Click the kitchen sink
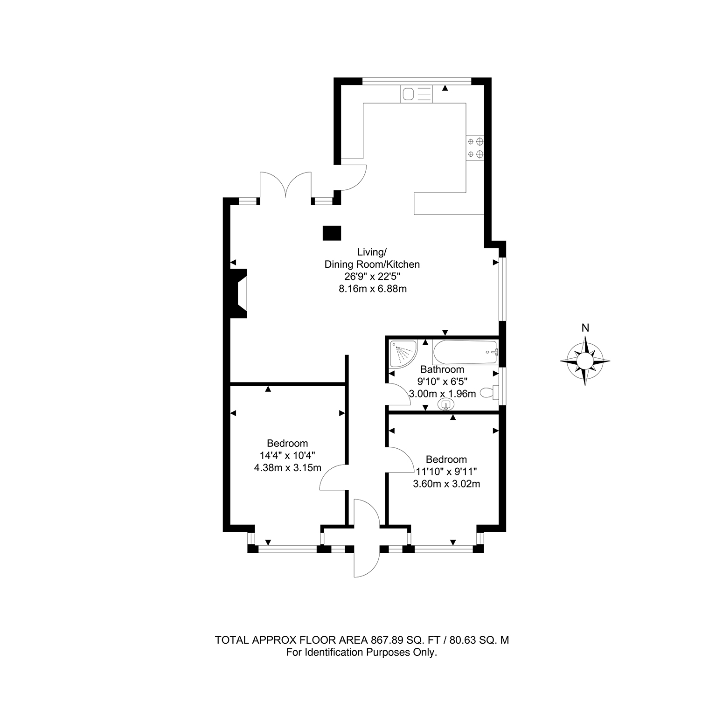[x=417, y=94]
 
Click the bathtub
[x=465, y=353]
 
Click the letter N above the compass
[x=585, y=328]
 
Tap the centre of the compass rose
[x=585, y=361]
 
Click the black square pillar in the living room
[x=332, y=233]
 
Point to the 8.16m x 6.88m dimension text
[x=373, y=289]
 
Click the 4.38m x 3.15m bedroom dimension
[x=287, y=468]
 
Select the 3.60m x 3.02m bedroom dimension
[x=446, y=484]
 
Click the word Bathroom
[x=442, y=369]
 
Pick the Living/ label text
[x=372, y=252]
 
